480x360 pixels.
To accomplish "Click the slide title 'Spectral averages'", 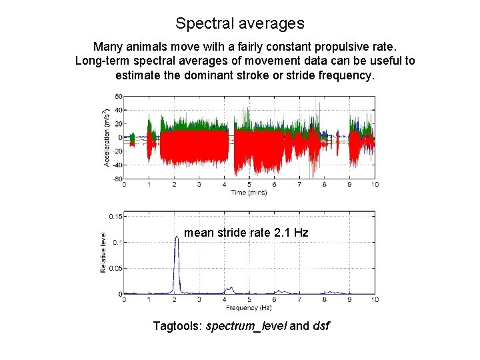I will [x=240, y=23].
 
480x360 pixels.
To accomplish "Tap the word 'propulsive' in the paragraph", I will [x=312, y=47].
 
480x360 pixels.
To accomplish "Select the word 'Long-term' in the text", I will [x=103, y=61].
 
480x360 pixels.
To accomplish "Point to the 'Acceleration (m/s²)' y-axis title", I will [x=107, y=137].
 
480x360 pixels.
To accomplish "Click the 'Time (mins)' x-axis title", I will [x=249, y=193].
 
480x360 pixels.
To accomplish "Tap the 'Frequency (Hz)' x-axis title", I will [x=249, y=308].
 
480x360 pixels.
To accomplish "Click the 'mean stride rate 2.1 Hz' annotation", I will [x=246, y=233].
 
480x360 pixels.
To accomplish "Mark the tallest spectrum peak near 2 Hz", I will [x=177, y=237].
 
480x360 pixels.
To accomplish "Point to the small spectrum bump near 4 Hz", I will [x=230, y=289].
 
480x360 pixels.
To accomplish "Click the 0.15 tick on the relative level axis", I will [x=116, y=216].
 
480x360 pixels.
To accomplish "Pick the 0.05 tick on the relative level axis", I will [x=116, y=268].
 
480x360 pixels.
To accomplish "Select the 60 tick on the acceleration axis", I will [x=118, y=96].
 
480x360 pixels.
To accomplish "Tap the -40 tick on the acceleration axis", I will [x=117, y=165].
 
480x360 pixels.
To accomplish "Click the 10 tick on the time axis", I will [x=375, y=185].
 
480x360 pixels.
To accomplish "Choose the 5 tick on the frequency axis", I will [x=249, y=300].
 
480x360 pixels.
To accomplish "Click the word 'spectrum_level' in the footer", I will [x=247, y=326].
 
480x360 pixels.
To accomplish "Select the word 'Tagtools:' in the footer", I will [x=178, y=326].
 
